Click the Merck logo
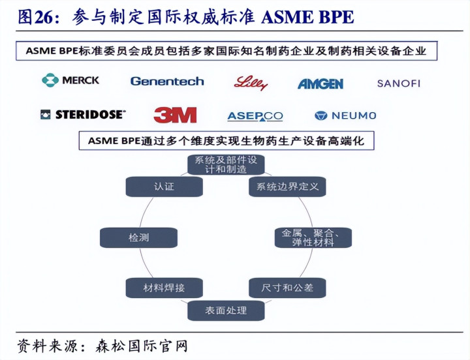click(70, 80)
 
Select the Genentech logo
click(167, 82)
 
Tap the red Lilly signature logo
click(251, 82)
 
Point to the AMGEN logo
click(320, 83)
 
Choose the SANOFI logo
click(398, 83)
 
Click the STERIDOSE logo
click(82, 115)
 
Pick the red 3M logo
click(175, 115)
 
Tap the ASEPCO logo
click(255, 116)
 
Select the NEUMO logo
click(345, 115)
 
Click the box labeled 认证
click(164, 187)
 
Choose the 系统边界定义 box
click(287, 187)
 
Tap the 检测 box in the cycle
click(138, 238)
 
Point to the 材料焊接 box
click(164, 287)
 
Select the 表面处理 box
click(226, 310)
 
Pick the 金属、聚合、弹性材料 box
click(313, 237)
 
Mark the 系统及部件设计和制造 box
click(226, 164)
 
